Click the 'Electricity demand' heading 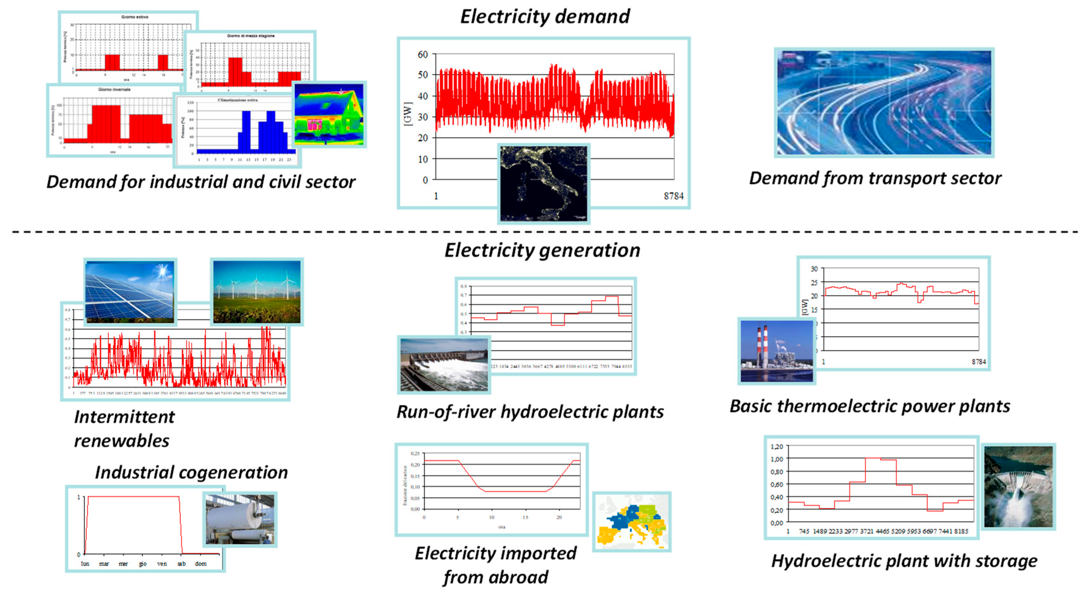[x=545, y=17]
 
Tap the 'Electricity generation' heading [x=542, y=250]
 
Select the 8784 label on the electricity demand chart [x=673, y=196]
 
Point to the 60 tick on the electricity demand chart [x=422, y=54]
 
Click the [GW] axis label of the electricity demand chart [x=407, y=114]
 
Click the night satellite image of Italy [x=543, y=183]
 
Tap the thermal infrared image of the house [x=329, y=114]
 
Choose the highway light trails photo [x=884, y=102]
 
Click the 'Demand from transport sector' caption [x=875, y=178]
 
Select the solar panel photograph [x=130, y=291]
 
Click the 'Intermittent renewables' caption [x=124, y=429]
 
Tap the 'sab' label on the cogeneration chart [x=182, y=563]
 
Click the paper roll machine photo [x=240, y=519]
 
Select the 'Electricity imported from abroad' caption [x=495, y=565]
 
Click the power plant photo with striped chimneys [x=776, y=351]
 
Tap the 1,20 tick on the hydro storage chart [x=776, y=446]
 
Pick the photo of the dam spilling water [x=1018, y=486]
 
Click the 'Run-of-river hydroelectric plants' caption [x=530, y=412]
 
